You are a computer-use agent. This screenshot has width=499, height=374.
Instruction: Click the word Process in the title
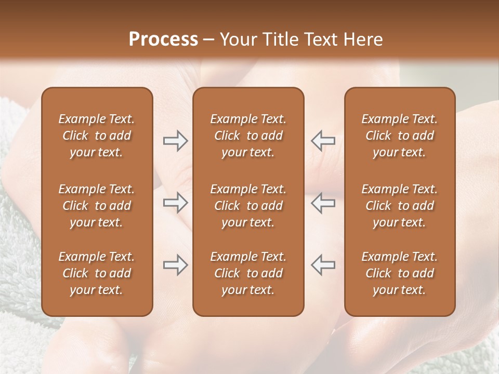[x=163, y=39]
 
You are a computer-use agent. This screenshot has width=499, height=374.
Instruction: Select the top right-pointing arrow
[x=176, y=141]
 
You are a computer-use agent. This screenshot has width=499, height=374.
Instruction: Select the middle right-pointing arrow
[x=176, y=203]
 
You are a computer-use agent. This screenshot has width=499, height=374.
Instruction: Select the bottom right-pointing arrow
[x=176, y=265]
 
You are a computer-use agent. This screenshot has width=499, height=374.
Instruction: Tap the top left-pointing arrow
[x=323, y=141]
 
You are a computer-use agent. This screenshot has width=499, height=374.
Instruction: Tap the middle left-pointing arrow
[x=323, y=203]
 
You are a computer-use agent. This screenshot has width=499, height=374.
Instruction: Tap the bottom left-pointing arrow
[x=323, y=265]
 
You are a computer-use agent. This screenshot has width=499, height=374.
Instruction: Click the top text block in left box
[x=97, y=136]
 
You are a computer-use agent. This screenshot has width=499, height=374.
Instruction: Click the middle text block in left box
[x=97, y=206]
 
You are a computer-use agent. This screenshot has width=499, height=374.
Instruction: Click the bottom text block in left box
[x=97, y=273]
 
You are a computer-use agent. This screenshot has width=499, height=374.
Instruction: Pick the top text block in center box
[x=248, y=136]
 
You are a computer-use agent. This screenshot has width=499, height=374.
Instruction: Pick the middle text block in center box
[x=248, y=206]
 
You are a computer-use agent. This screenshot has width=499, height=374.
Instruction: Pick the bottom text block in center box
[x=248, y=273]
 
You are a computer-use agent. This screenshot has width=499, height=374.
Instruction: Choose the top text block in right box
[x=400, y=136]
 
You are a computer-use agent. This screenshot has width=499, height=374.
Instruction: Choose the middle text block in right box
[x=400, y=206]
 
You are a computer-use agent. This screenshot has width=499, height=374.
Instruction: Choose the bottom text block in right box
[x=400, y=273]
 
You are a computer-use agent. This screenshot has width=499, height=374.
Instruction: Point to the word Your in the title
[x=238, y=39]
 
